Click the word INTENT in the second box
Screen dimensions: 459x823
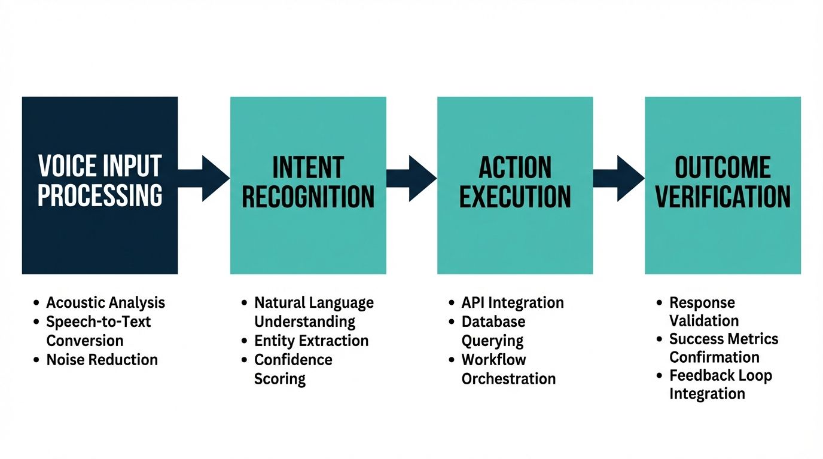click(x=308, y=167)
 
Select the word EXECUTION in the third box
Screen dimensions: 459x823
click(x=515, y=197)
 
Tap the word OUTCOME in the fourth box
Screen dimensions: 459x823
click(x=723, y=167)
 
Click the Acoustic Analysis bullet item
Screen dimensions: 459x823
click(x=105, y=302)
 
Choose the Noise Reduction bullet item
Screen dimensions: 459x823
click(x=102, y=360)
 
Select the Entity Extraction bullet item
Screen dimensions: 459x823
click(x=311, y=341)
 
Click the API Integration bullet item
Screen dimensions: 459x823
click(x=512, y=302)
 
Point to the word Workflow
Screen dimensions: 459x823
click(x=493, y=360)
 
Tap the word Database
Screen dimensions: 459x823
click(x=493, y=322)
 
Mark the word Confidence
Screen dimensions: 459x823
click(x=293, y=360)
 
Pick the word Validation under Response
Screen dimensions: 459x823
click(x=703, y=321)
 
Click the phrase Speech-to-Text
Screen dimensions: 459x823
click(x=99, y=322)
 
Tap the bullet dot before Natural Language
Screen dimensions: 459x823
click(x=244, y=303)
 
